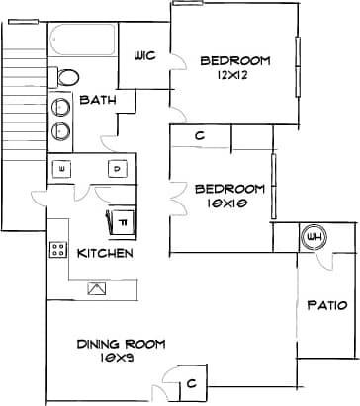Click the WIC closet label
click(x=144, y=56)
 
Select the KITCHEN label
click(x=105, y=254)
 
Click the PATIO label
click(x=326, y=305)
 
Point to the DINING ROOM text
click(x=121, y=344)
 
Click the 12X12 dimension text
click(x=235, y=77)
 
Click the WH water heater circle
click(x=315, y=238)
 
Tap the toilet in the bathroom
click(x=67, y=77)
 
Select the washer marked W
click(x=63, y=170)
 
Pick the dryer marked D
click(x=115, y=169)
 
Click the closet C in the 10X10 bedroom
click(x=200, y=136)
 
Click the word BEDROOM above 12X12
click(x=235, y=61)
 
